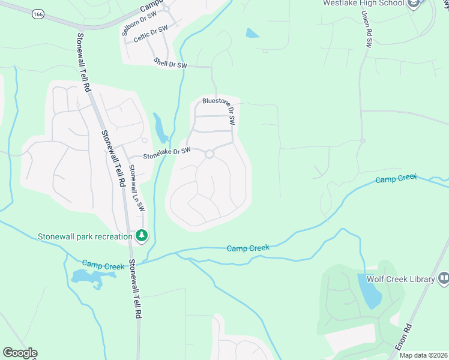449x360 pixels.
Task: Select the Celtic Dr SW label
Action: (149, 37)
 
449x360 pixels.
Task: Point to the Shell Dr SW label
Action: (170, 62)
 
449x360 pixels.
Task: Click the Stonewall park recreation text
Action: (85, 236)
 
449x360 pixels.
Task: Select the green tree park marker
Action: (142, 236)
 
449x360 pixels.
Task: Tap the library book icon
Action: (444, 278)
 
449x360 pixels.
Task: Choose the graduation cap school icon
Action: (413, 4)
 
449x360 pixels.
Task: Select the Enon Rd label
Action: (403, 338)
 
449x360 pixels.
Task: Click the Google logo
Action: (20, 353)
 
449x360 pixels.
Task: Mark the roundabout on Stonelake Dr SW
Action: (209, 154)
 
